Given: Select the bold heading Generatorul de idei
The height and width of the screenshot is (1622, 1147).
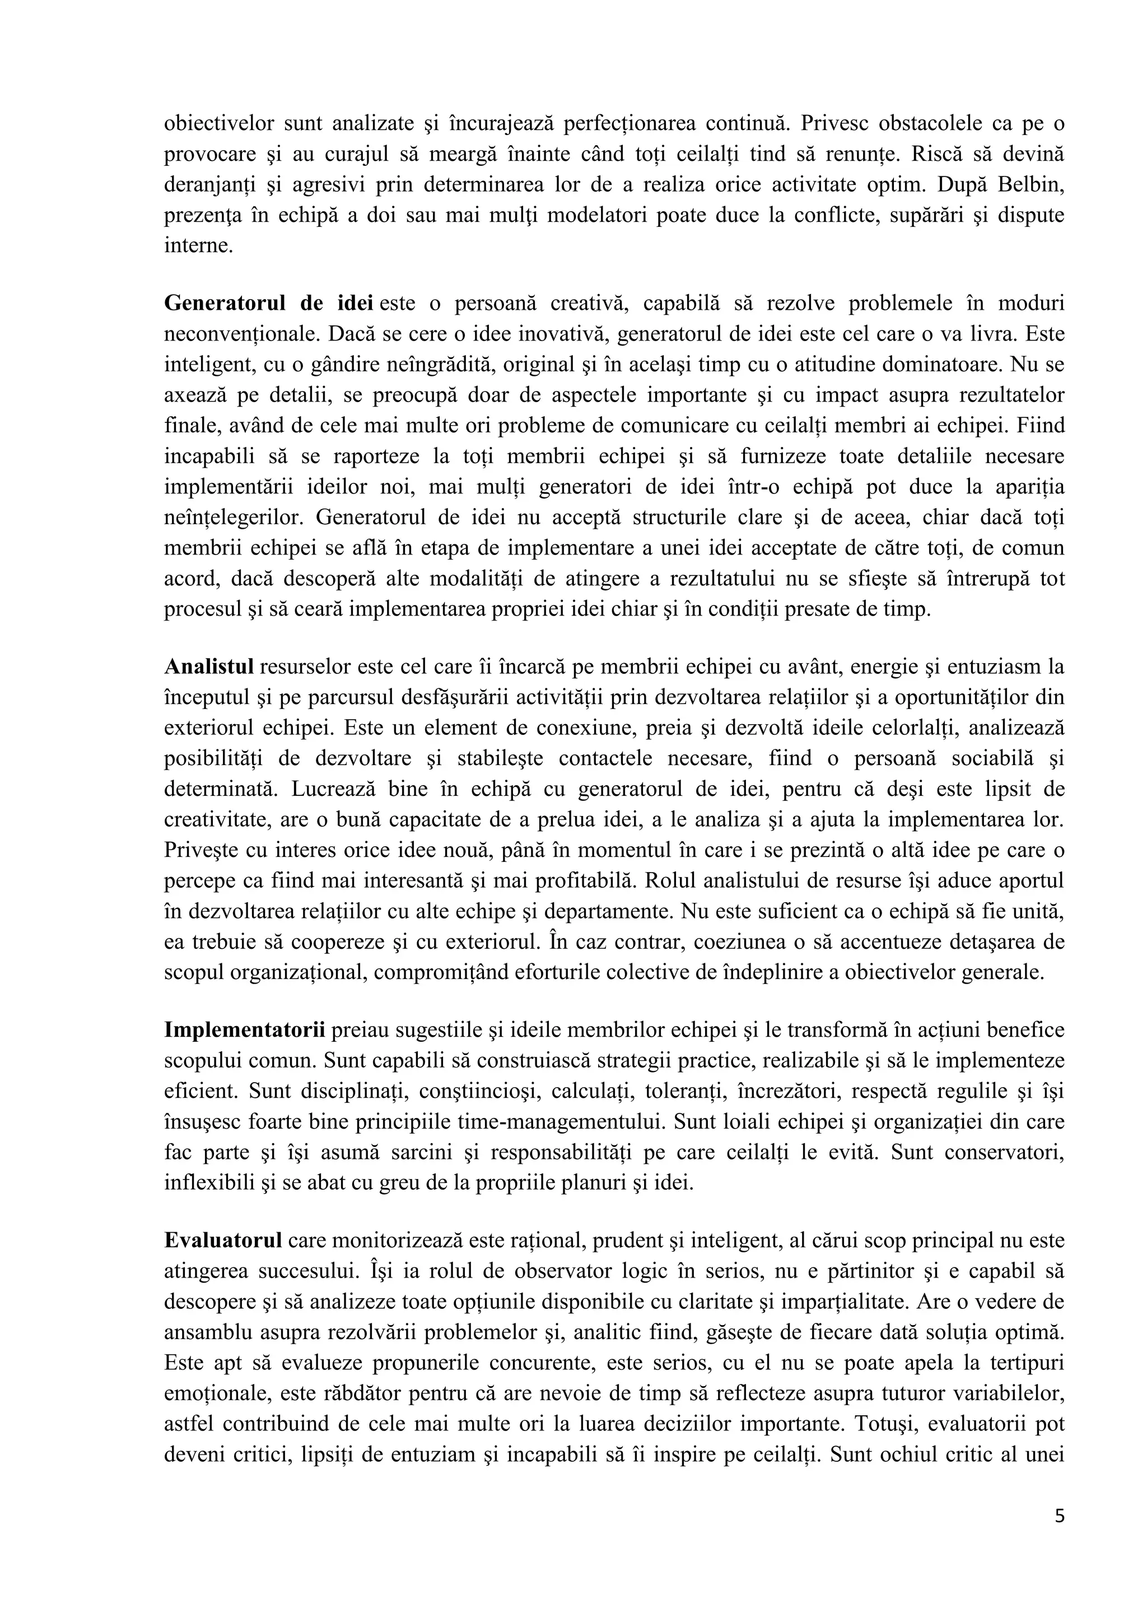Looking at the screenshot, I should point(268,303).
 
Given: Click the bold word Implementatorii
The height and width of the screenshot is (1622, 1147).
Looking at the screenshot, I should point(244,1030).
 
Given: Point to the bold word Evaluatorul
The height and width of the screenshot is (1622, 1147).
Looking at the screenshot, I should point(223,1241).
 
